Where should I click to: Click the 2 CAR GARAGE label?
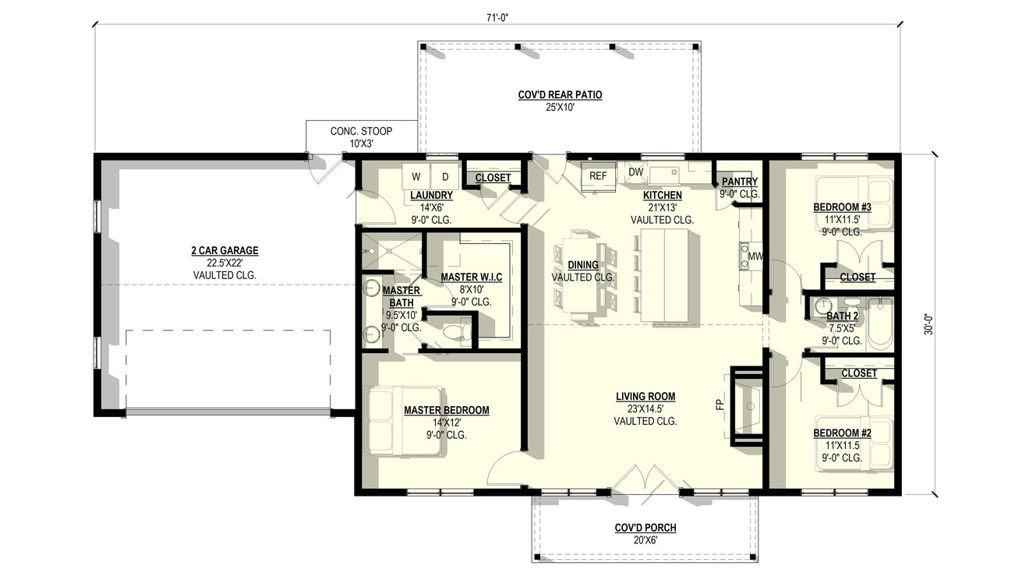(225, 251)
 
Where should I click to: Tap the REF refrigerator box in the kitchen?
(598, 176)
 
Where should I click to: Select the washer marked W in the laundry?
(415, 176)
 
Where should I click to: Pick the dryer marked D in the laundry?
(445, 176)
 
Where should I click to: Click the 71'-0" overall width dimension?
(497, 16)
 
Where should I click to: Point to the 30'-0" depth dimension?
(928, 324)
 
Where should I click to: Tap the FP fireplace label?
(720, 405)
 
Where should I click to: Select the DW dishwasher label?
(635, 172)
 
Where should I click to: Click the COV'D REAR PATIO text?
(560, 95)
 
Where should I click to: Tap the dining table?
(583, 274)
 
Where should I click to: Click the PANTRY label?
(739, 182)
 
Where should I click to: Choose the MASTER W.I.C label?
(471, 278)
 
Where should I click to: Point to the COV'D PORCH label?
(645, 528)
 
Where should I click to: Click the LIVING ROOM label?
(645, 397)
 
